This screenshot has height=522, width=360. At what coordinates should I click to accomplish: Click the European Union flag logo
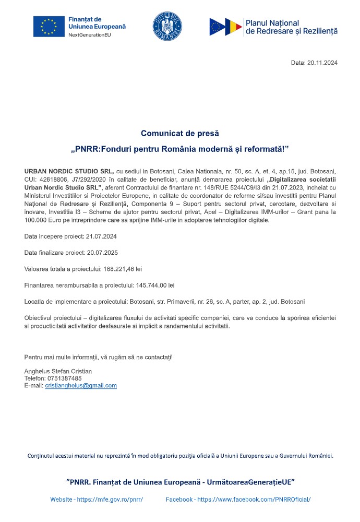pos(49,27)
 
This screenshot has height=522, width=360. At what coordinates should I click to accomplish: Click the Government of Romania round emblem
pos(167,26)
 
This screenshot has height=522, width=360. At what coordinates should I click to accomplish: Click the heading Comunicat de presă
pos(180,133)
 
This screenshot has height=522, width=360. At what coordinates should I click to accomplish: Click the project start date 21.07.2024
pos(101,236)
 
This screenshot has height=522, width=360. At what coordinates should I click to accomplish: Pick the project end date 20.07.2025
pos(102,253)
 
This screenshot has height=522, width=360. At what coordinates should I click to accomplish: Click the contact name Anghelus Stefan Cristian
pos(58,371)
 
